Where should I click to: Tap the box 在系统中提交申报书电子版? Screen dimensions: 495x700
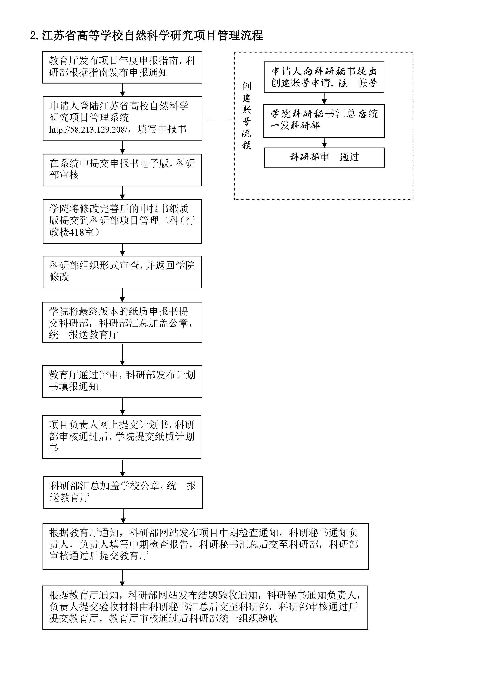pos(122,170)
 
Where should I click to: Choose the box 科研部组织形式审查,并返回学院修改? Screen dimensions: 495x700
pos(122,272)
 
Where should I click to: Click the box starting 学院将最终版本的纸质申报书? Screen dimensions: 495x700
pos(122,322)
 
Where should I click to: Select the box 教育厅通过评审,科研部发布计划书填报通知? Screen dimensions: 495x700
pos(122,381)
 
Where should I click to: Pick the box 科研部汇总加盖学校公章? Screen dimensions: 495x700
pos(123,492)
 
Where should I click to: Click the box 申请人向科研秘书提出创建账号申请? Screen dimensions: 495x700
pos(324,77)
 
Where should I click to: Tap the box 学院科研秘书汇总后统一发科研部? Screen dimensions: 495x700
pos(324,121)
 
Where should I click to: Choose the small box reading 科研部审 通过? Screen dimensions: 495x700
pos(324,158)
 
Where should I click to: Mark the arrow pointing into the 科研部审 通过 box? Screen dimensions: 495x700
pos(324,143)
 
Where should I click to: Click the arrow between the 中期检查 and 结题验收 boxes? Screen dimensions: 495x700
pos(122,578)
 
